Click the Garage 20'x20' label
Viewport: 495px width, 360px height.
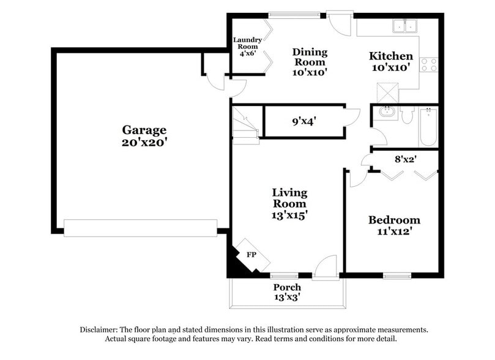(144, 136)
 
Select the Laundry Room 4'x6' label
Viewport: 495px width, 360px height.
(247, 47)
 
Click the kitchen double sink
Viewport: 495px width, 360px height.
(404, 26)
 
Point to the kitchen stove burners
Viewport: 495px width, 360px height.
(429, 64)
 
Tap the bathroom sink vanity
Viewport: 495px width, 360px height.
(386, 114)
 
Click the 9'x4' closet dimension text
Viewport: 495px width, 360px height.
(303, 121)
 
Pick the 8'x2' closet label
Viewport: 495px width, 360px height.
(405, 159)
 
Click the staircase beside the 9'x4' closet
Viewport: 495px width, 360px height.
(246, 125)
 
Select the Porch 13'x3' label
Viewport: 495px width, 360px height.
(287, 292)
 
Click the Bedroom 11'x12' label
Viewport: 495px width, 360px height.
(394, 225)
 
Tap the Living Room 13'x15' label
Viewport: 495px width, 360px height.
(289, 204)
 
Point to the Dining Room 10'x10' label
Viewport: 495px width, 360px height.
(310, 62)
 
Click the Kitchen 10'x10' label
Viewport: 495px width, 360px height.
(390, 61)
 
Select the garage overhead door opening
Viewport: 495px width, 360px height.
(140, 228)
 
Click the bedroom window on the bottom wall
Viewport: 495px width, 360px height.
(397, 275)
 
